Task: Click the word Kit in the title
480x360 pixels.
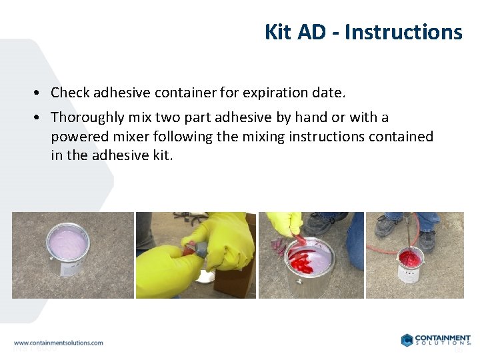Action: [276, 32]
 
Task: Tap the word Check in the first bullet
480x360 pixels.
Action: [70, 92]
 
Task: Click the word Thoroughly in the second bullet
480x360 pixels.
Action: [87, 117]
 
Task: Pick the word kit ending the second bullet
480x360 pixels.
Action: [163, 156]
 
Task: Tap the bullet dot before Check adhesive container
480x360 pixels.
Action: [41, 93]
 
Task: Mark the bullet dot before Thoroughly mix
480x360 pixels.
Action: [41, 118]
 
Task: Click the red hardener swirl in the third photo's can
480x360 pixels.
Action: [303, 260]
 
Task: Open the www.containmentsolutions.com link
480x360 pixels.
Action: [59, 343]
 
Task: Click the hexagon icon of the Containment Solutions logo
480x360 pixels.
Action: [407, 340]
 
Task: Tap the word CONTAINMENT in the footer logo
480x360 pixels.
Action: [443, 338]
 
